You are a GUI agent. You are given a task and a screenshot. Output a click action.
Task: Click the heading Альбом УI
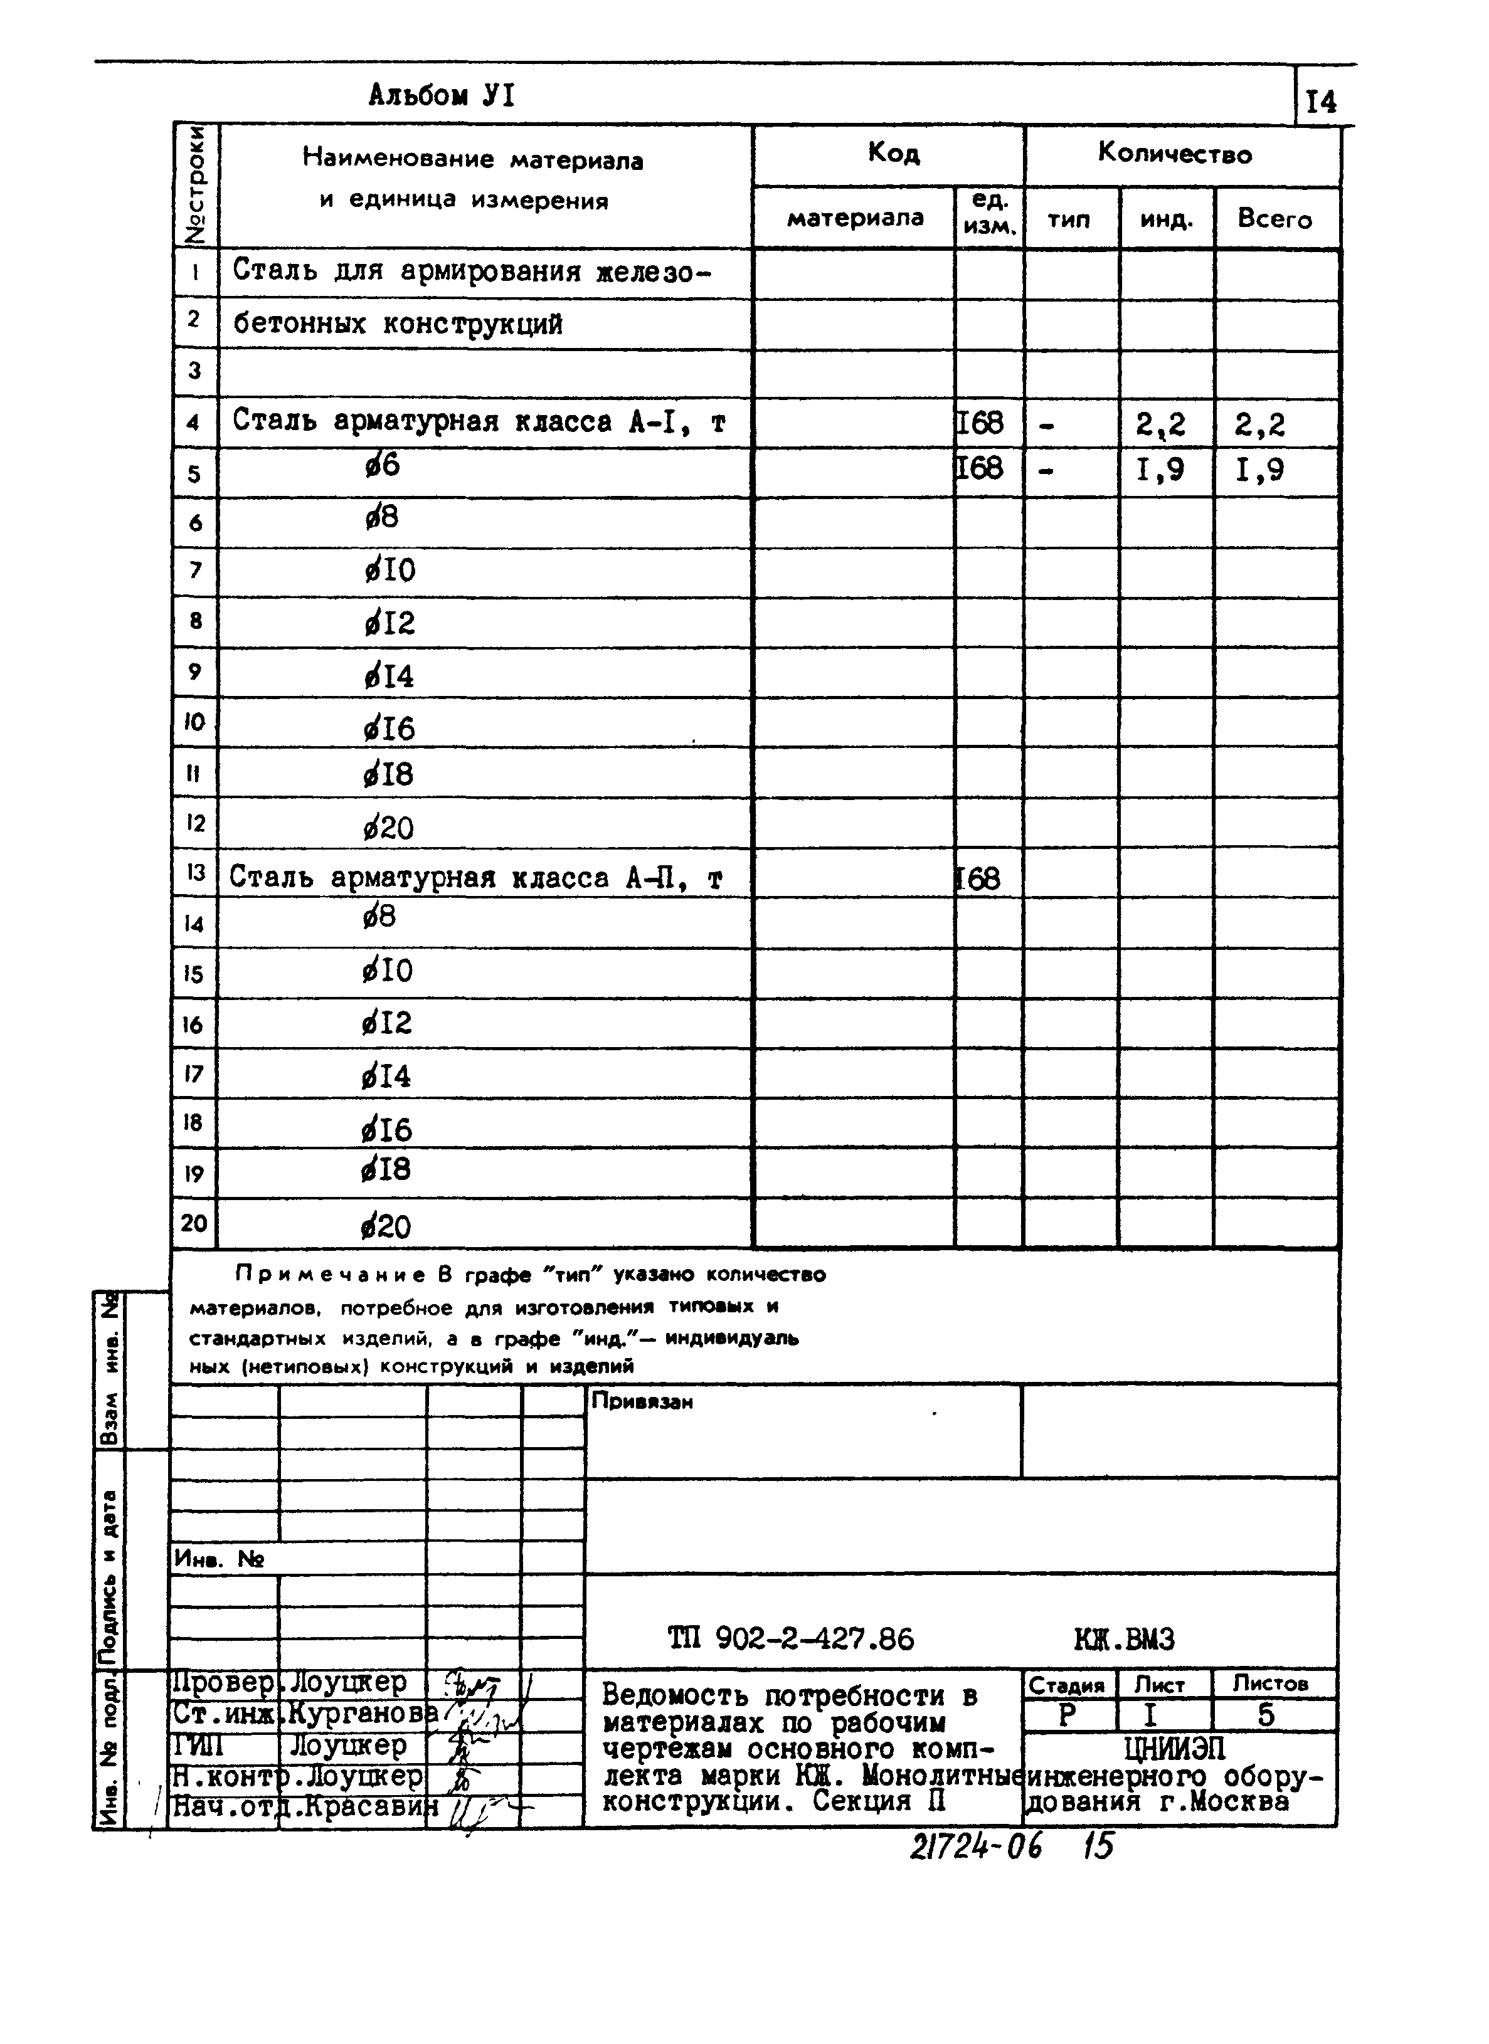[441, 95]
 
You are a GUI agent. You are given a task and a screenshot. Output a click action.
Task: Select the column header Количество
[1174, 154]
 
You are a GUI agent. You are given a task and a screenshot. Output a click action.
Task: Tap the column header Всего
[1274, 219]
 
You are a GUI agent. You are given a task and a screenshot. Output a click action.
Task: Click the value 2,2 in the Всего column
[1260, 424]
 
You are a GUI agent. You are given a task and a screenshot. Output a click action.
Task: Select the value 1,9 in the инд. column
[1161, 470]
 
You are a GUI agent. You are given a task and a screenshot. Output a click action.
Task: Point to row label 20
[194, 1223]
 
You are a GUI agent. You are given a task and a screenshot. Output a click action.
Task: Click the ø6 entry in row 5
[382, 466]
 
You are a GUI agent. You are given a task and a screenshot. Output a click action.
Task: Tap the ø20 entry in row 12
[388, 828]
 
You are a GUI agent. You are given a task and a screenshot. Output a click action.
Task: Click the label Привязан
[642, 1401]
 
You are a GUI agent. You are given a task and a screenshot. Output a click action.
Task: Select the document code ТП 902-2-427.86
[790, 1638]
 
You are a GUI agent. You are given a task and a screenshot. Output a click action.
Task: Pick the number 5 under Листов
[1266, 1715]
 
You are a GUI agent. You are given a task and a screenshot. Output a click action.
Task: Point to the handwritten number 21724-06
[975, 1846]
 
